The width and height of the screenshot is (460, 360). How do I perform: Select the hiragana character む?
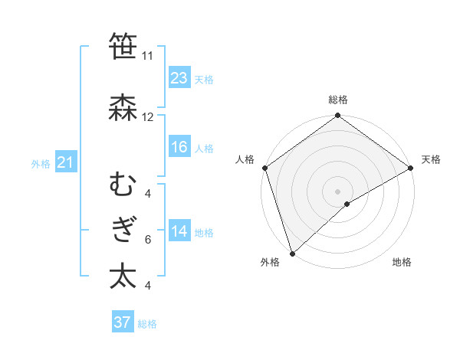[x=123, y=185]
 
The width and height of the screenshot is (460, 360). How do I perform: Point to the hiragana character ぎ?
[x=123, y=231]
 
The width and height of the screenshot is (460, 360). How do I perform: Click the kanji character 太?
[x=123, y=276]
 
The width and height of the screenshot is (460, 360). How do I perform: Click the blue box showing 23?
[x=179, y=78]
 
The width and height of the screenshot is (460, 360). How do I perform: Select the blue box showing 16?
[x=179, y=147]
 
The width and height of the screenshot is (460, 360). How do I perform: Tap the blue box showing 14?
[x=179, y=231]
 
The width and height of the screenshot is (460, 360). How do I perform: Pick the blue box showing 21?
[x=65, y=162]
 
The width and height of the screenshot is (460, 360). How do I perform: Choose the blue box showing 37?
[x=122, y=322]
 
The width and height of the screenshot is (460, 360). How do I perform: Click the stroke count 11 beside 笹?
[x=147, y=56]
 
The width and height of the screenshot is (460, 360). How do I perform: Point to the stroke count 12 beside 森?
[x=147, y=117]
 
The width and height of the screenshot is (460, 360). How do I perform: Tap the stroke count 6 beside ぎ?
[x=147, y=239]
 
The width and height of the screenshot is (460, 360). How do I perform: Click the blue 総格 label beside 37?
[x=147, y=324]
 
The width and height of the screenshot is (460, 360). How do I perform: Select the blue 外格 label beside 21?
[x=41, y=163]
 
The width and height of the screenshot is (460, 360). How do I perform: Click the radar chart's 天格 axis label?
[x=431, y=159]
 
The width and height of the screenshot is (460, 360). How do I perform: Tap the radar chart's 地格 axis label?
[x=402, y=263]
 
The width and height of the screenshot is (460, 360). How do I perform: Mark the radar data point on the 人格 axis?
[x=264, y=168]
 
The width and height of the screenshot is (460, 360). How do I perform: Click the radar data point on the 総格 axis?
[x=337, y=116]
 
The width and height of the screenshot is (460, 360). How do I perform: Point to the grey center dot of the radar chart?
[x=337, y=191]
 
